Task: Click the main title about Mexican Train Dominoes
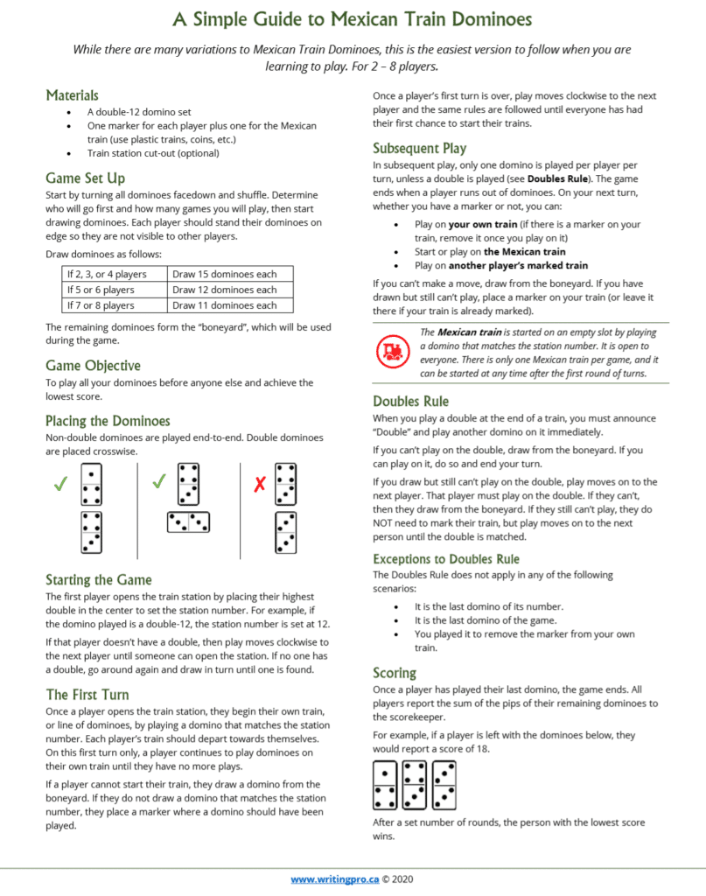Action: click(x=352, y=18)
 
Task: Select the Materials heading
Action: click(x=72, y=94)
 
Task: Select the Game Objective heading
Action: click(x=93, y=365)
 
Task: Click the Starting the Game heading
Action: click(x=98, y=579)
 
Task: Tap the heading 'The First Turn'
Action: click(x=87, y=694)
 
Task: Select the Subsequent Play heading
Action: click(x=419, y=148)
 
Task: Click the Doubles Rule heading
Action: click(x=410, y=401)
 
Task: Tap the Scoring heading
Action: click(x=395, y=673)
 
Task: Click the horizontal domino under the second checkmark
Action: click(x=187, y=522)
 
